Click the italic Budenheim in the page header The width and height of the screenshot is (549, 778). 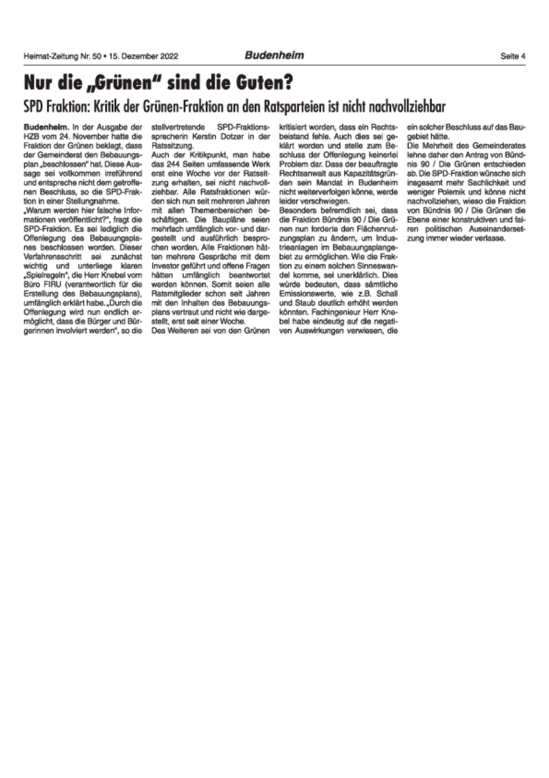click(x=274, y=55)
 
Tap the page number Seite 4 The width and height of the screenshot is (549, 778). click(x=513, y=56)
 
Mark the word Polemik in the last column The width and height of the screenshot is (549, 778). click(x=451, y=192)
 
